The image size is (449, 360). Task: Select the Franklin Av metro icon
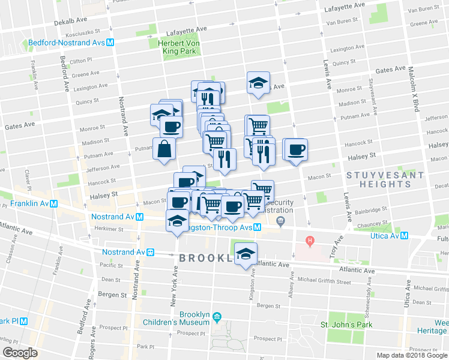point(54,204)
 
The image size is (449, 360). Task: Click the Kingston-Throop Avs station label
point(219,227)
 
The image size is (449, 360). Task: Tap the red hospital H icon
point(310,242)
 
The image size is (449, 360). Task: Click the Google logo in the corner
point(20,353)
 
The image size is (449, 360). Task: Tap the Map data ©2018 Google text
point(412,355)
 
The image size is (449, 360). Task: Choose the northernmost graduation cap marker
point(259,83)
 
